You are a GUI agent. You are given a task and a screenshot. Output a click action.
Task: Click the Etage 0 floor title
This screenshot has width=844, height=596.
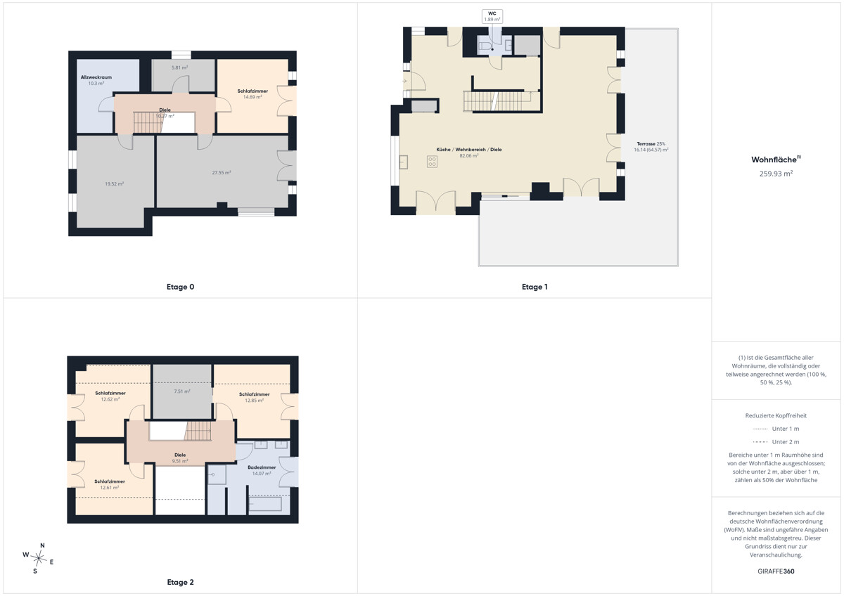click(x=180, y=287)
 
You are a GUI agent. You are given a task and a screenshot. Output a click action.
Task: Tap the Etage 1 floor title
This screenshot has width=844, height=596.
click(x=535, y=287)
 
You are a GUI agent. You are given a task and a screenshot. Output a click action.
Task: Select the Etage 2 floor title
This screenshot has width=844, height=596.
click(x=180, y=582)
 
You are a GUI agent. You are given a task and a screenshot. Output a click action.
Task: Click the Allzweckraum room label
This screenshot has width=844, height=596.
click(x=96, y=77)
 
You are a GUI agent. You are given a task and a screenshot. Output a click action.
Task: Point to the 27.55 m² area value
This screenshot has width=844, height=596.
click(x=221, y=173)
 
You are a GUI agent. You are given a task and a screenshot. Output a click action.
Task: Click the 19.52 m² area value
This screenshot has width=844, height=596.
click(x=114, y=184)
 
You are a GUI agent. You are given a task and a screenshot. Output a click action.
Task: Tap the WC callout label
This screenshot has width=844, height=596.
click(x=492, y=13)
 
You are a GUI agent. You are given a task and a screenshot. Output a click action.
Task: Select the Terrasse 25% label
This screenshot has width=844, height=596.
click(x=651, y=144)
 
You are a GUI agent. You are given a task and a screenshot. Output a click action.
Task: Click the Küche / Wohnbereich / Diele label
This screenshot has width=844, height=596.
click(x=468, y=150)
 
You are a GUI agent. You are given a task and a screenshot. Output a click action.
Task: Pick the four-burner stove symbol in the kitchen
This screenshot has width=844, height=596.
click(x=432, y=162)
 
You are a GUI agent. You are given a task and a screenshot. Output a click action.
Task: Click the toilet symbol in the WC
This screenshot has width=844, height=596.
click(x=486, y=46)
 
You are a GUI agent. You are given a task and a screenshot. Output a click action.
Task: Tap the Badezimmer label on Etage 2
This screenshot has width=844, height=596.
click(x=262, y=467)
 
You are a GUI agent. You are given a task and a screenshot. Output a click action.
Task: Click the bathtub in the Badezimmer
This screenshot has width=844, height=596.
click(x=265, y=504)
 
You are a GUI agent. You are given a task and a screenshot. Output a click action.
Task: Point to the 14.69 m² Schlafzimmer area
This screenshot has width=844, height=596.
click(x=252, y=97)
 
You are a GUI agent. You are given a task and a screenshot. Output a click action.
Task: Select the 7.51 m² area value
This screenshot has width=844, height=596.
click(x=182, y=391)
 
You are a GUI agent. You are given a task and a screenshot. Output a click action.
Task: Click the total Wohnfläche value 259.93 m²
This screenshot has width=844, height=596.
click(x=776, y=174)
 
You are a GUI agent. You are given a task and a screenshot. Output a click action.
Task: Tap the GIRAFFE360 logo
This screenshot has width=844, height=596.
click(x=776, y=571)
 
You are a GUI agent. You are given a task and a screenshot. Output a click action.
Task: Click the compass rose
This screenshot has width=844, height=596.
click(x=39, y=557)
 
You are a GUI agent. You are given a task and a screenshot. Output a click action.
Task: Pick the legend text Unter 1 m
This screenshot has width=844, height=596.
click(x=785, y=429)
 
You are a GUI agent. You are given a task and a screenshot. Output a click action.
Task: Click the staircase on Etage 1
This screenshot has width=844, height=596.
click(x=497, y=101)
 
